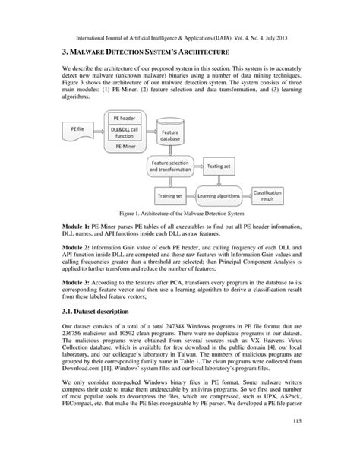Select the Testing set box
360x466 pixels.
point(220,165)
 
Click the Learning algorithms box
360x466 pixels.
point(223,196)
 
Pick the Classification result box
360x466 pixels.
point(288,196)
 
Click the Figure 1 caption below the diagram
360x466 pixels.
point(179,215)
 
